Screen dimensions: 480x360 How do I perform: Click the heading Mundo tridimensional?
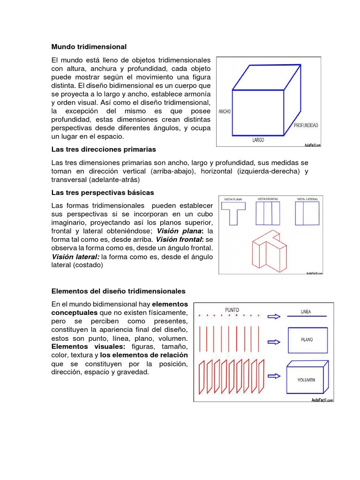click(x=89, y=47)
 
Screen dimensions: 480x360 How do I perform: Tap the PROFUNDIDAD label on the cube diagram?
click(x=306, y=125)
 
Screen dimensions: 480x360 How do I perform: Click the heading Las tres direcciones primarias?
click(x=103, y=149)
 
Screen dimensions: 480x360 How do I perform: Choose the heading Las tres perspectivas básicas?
click(x=102, y=193)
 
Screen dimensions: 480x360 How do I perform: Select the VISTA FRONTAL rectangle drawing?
click(x=268, y=213)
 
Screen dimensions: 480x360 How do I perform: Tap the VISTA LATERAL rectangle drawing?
click(x=307, y=213)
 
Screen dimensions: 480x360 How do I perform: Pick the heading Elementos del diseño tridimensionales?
click(x=118, y=291)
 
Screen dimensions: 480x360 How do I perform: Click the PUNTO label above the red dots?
click(x=232, y=309)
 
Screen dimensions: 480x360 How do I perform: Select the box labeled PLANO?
click(x=307, y=339)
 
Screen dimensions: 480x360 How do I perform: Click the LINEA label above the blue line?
click(x=306, y=311)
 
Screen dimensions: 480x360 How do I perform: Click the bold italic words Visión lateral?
click(x=75, y=256)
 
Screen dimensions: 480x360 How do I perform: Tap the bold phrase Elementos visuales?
click(x=88, y=346)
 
